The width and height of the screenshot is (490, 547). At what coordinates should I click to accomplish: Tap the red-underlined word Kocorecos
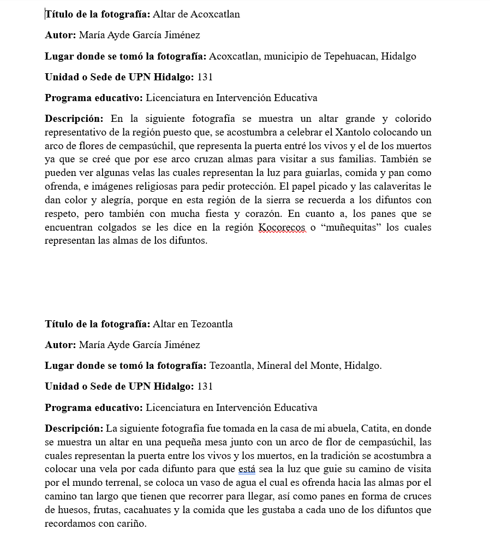click(282, 227)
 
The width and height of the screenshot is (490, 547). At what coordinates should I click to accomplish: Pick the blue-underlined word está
click(247, 469)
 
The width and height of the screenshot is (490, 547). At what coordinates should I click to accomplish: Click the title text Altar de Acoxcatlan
click(196, 14)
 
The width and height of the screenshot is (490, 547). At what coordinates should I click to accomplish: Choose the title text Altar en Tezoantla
click(193, 324)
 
